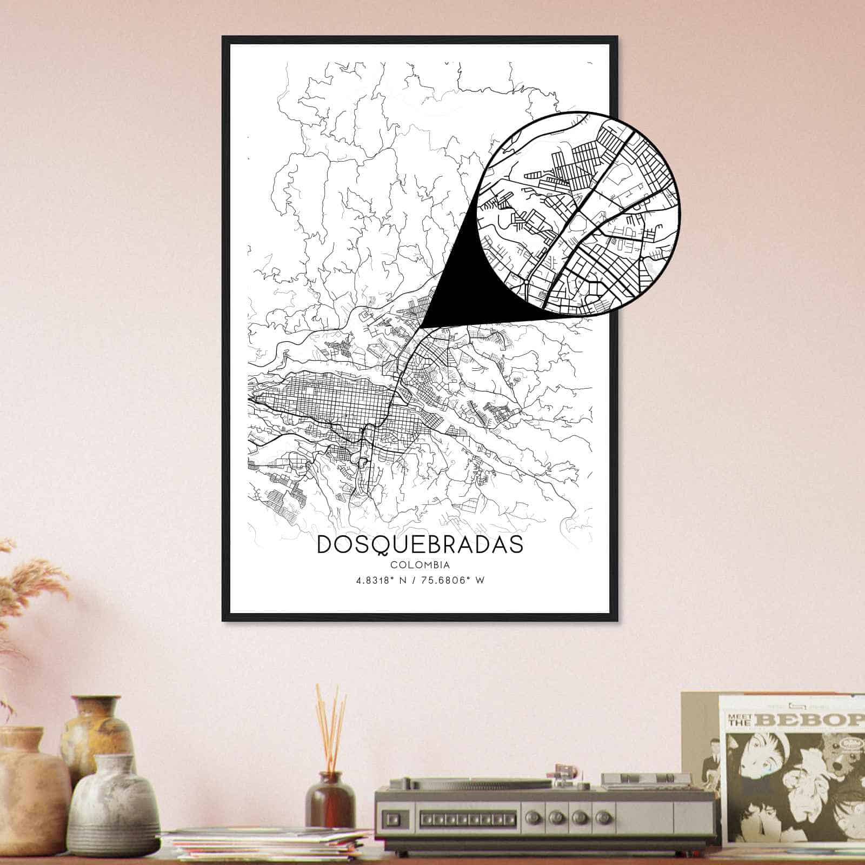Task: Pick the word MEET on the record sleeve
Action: pyautogui.click(x=738, y=717)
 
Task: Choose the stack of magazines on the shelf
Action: pyautogui.click(x=265, y=843)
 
